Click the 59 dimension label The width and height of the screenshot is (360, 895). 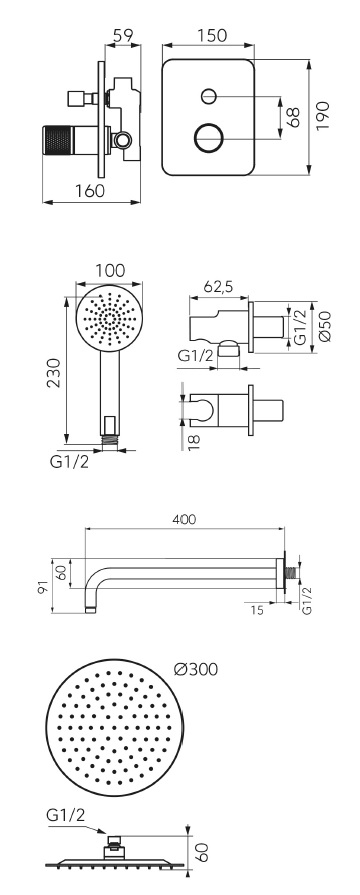pos(123,35)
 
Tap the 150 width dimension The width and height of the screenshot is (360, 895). pos(211,35)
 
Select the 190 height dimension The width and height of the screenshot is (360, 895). pos(323,115)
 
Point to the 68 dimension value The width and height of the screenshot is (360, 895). pos(293,117)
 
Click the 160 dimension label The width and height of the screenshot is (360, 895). pos(91,190)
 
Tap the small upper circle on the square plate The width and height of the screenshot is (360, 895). pos(209,95)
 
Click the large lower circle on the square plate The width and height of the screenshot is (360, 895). pos(208,138)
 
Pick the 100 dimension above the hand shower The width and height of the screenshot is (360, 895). pos(110,270)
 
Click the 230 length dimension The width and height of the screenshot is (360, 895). pos(54,373)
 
